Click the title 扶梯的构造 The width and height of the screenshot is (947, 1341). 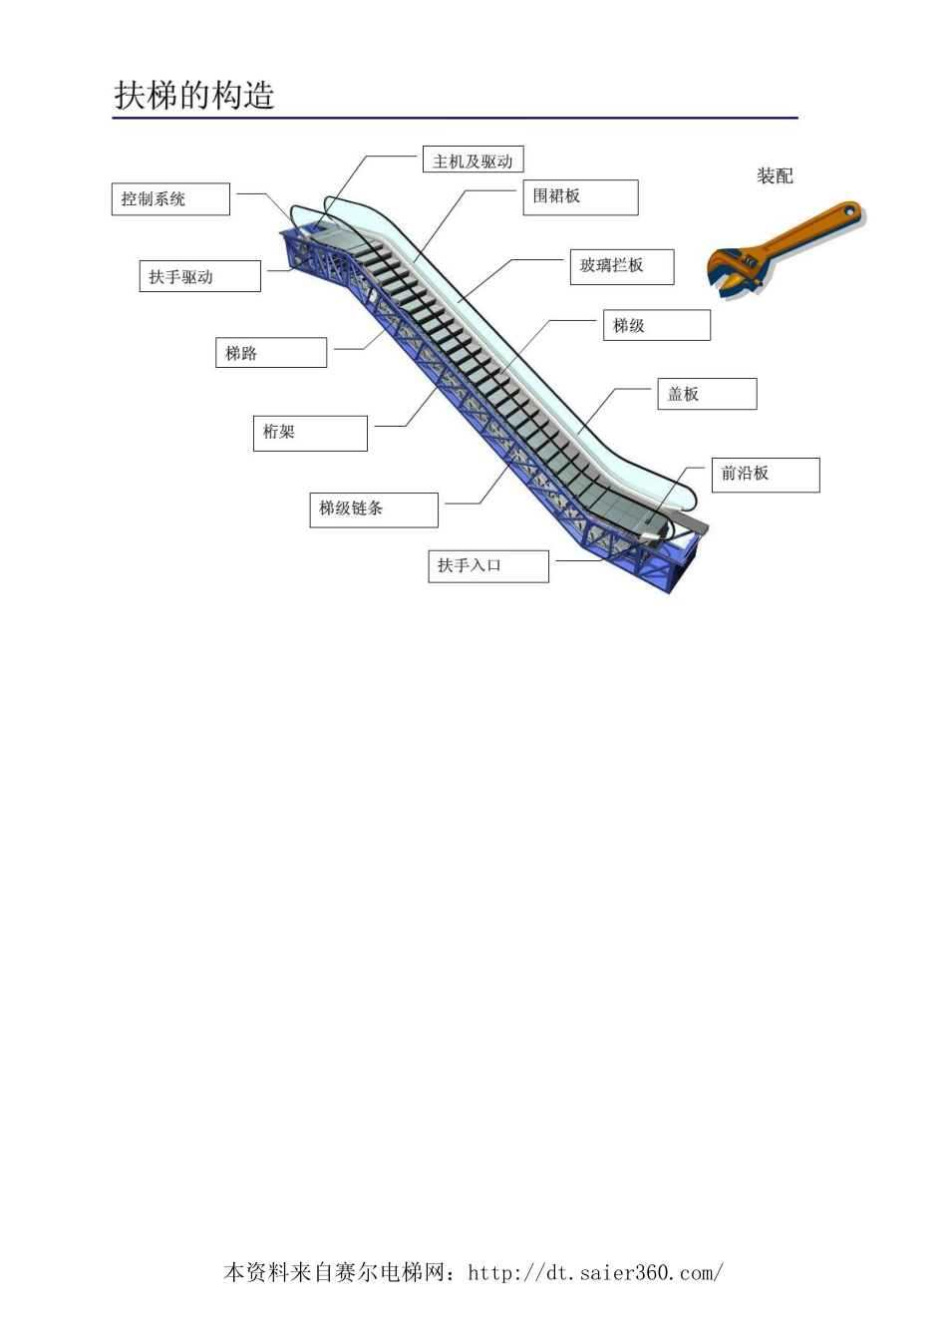(194, 96)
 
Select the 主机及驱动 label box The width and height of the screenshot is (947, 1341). (473, 161)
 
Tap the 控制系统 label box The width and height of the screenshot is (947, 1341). (169, 198)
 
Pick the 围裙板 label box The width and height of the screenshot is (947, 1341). (579, 196)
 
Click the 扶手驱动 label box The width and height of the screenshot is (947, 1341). (198, 276)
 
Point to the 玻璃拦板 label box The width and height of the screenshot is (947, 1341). (621, 266)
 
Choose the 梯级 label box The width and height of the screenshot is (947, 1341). (656, 325)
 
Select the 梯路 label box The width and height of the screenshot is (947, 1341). (270, 353)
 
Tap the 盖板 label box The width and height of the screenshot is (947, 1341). (706, 394)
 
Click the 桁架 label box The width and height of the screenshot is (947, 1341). (309, 433)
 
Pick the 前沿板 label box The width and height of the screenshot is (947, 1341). (764, 475)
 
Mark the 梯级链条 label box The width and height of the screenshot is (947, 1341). (373, 508)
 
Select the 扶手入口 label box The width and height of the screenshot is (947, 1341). (487, 565)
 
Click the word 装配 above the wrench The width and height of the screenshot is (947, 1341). (775, 176)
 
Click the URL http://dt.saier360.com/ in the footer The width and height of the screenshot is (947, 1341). (595, 1273)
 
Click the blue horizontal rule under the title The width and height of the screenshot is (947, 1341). (455, 119)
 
